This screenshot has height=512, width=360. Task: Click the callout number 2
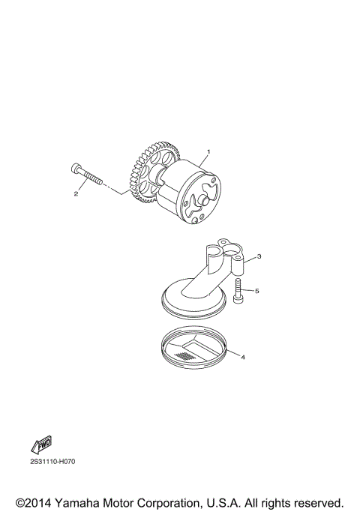[76, 193]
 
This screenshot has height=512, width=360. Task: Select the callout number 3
[258, 256]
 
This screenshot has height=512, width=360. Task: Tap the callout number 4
[243, 357]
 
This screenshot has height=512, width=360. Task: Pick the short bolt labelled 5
[237, 290]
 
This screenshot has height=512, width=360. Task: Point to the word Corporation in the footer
[186, 502]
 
